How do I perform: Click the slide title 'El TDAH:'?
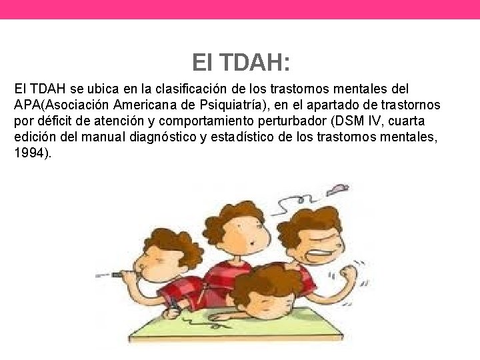[240, 63]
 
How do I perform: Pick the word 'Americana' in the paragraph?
[152, 105]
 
